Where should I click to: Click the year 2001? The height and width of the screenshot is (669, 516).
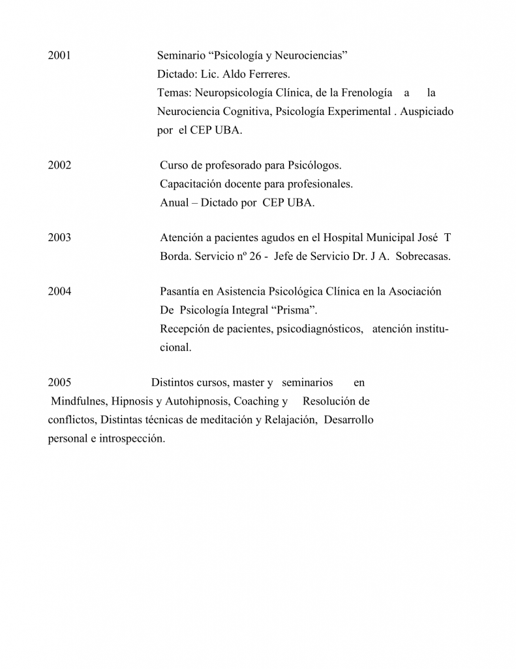59,56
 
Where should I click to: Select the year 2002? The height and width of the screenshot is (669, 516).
59,165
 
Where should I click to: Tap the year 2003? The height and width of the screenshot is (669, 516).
59,238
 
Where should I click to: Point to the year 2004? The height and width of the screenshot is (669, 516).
59,291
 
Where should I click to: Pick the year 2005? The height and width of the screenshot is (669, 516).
59,382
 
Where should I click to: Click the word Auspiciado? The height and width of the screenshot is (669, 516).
427,112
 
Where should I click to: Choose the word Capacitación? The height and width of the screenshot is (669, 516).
191,184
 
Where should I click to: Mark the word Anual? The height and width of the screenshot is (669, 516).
174,203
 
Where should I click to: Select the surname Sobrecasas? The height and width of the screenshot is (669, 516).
423,256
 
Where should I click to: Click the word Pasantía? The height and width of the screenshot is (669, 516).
182,291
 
